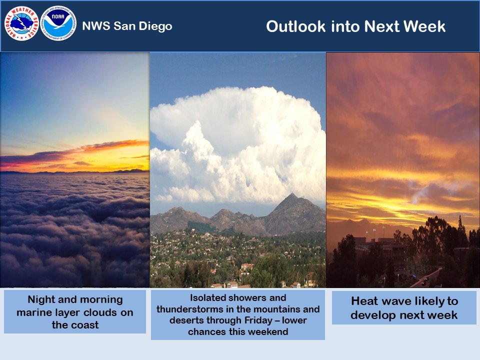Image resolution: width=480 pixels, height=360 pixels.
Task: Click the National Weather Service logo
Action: [21, 23]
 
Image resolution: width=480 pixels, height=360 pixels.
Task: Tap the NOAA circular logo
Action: [58, 23]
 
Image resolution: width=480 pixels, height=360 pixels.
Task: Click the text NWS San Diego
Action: [127, 26]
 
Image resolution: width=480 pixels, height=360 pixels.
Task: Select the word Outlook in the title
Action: [295, 26]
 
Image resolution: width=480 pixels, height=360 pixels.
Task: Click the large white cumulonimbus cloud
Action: [238, 144]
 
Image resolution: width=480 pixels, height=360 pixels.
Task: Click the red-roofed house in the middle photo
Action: [246, 267]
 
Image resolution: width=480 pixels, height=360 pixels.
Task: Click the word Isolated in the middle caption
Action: [207, 297]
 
